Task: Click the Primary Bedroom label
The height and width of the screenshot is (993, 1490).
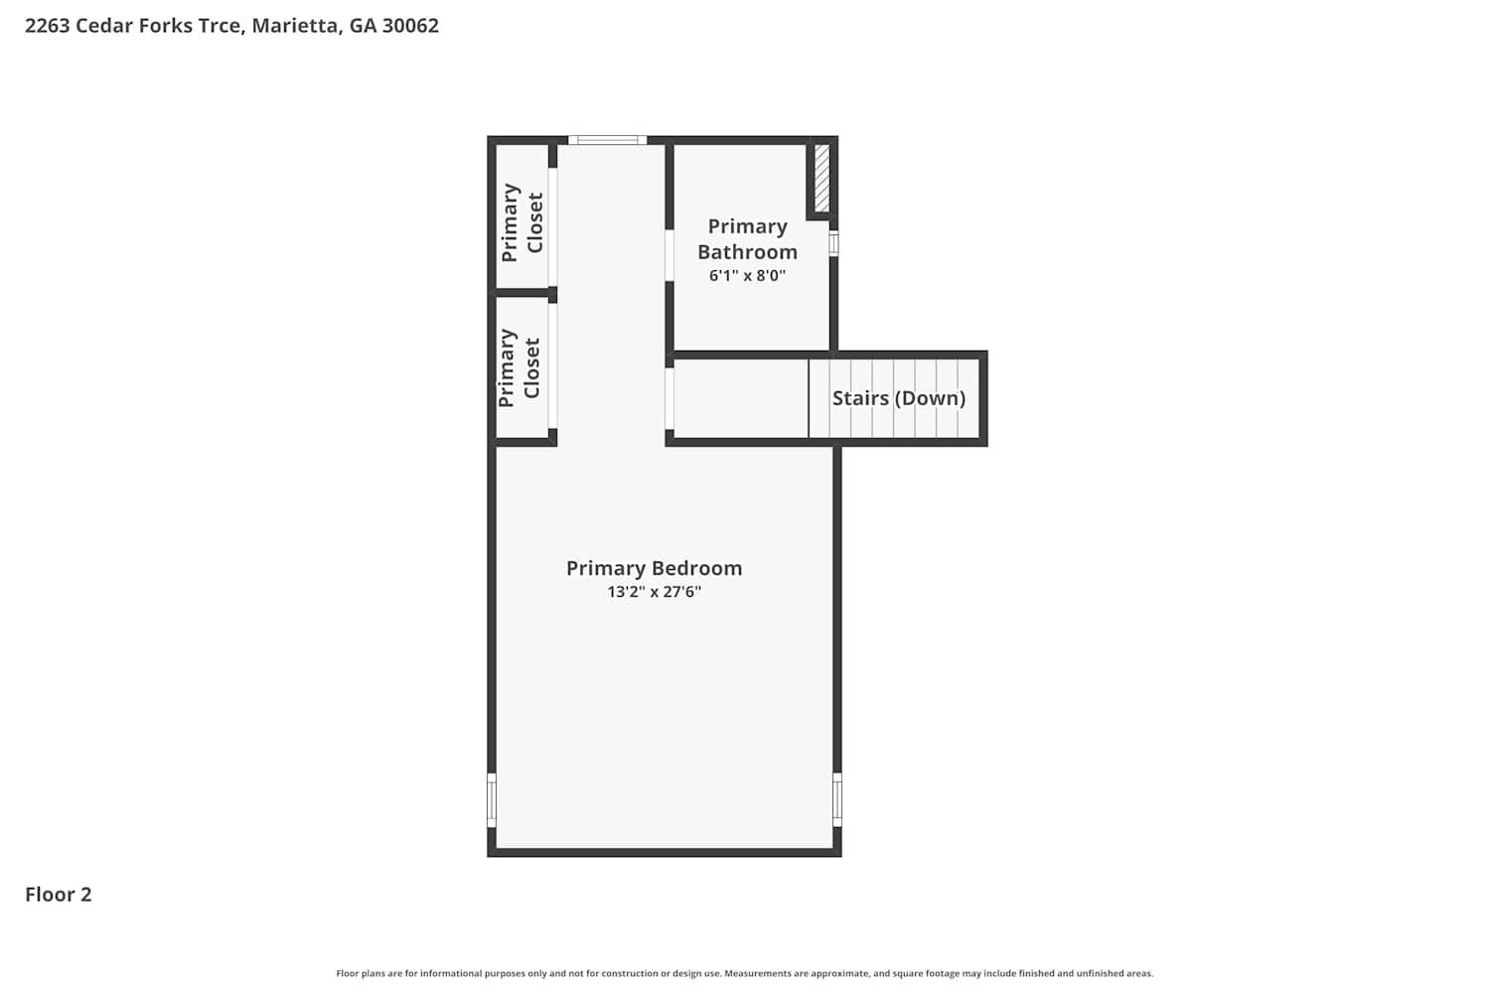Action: pos(654,568)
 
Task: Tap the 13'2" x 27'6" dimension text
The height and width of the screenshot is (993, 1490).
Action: pos(654,591)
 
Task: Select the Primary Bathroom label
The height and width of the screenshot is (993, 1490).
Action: pos(747,238)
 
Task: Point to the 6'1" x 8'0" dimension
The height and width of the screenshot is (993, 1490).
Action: pos(747,275)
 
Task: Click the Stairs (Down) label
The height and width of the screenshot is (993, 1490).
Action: pos(899,398)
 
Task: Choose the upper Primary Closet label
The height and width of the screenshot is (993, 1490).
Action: pos(522,222)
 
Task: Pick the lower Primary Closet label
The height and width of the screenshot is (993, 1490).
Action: pos(519,367)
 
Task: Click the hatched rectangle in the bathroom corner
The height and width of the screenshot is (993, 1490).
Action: pos(822,179)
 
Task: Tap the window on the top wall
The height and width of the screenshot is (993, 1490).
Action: pos(607,140)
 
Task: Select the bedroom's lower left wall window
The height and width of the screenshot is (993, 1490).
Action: pos(492,800)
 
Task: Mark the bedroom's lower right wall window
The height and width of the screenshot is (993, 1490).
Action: pos(837,799)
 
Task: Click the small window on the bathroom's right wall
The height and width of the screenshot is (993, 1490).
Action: pos(833,243)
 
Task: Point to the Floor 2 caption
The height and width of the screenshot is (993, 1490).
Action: pos(59,894)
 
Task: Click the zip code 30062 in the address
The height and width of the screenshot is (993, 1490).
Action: pos(410,25)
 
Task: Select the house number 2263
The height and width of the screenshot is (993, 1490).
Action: pos(48,25)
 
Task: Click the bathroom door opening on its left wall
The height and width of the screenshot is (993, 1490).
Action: pos(670,255)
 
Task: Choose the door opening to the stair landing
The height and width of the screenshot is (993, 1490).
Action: pos(670,398)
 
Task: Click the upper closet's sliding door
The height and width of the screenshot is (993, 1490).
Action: pos(552,226)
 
